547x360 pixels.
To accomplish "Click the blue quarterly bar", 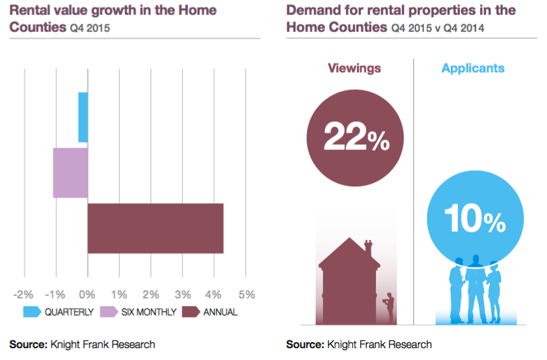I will pos(83,117).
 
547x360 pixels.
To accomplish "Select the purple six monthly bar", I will pos(70,173).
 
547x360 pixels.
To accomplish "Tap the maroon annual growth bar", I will pos(155,228).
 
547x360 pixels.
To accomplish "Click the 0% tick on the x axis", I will pos(87,293).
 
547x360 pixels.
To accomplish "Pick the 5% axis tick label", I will pos(247,293).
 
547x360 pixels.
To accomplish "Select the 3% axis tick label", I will pos(183,293).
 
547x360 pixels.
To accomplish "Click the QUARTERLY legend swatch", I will pos(32,312).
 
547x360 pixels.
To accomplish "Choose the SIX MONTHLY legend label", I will pos(149,312).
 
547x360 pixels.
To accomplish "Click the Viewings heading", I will pos(354,68).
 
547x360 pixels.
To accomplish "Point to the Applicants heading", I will pos(473,68).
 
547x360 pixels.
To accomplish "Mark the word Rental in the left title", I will pos(30,10).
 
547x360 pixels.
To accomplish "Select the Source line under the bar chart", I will pos(82,344).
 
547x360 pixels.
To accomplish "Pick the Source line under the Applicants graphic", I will pos(359,344).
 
